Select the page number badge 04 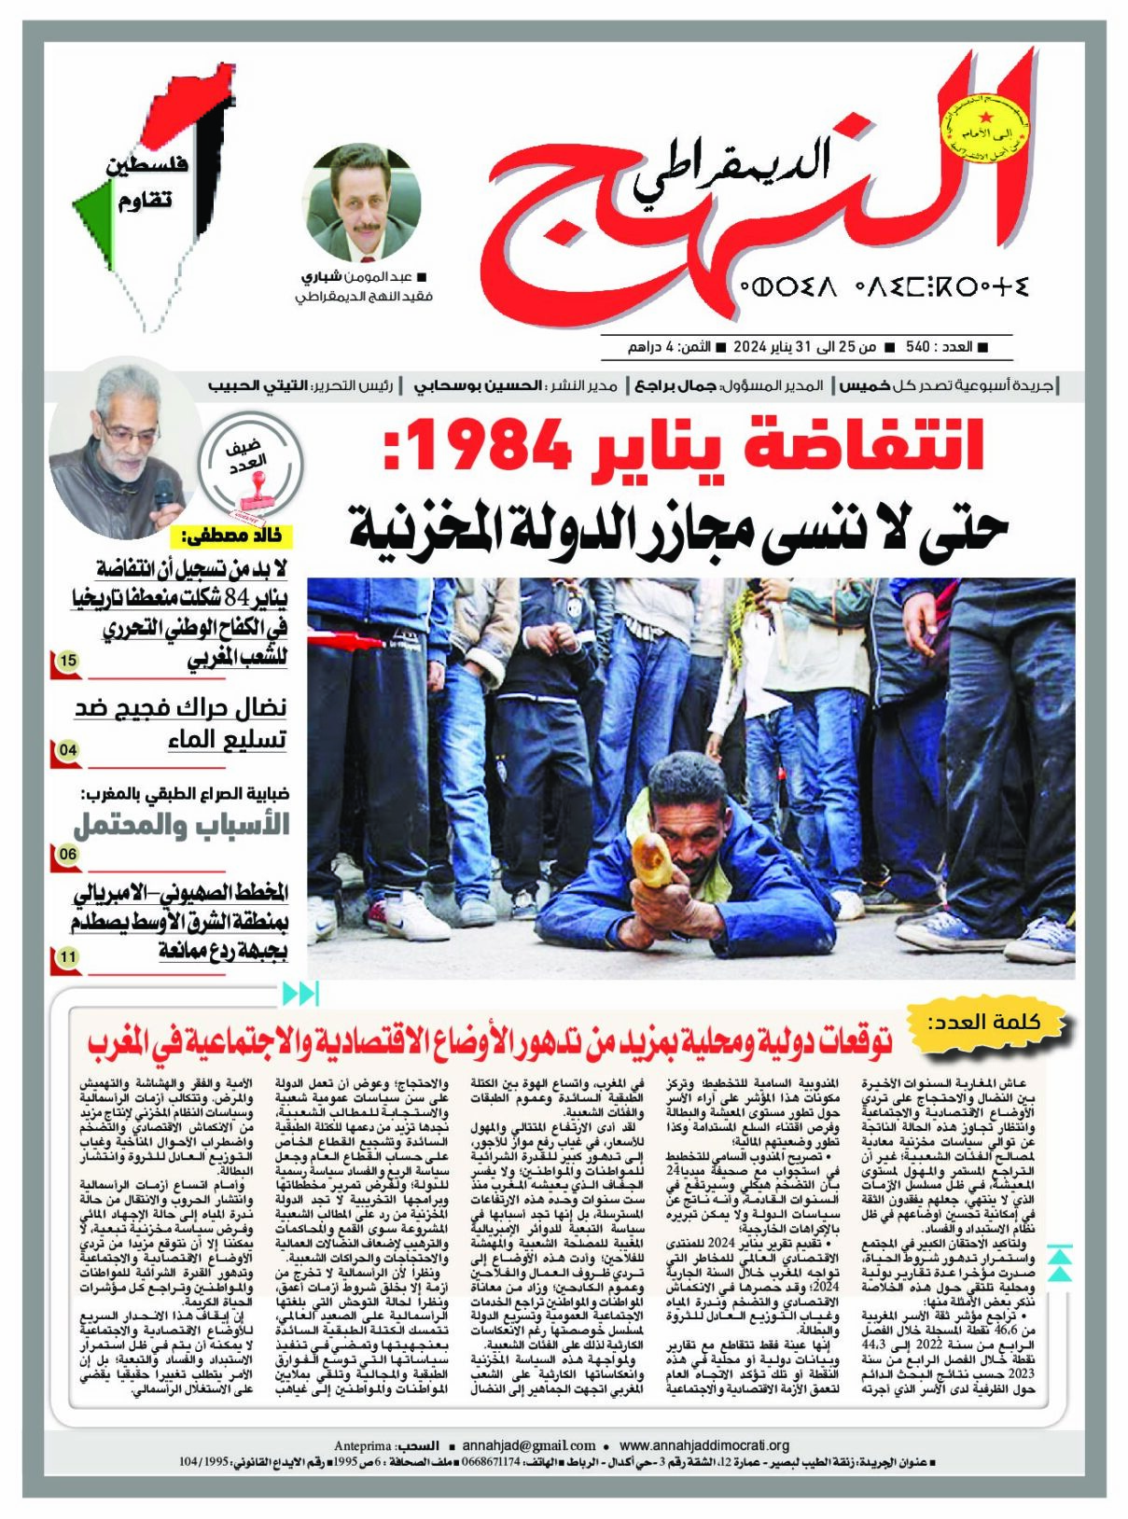[67, 750]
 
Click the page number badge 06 [67, 855]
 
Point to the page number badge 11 [67, 957]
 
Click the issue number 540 [918, 347]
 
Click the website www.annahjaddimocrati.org [704, 1445]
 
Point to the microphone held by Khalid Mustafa [164, 494]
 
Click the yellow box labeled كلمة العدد [996, 1022]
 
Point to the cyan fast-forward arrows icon [299, 994]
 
